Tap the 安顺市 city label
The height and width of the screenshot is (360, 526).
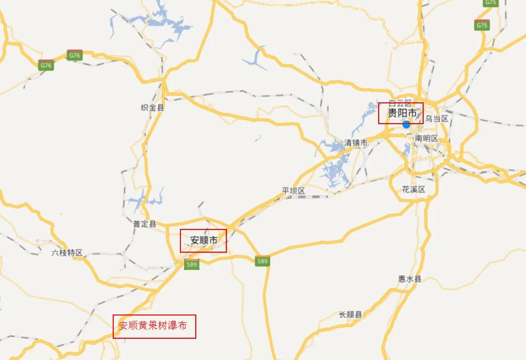[x=204, y=241]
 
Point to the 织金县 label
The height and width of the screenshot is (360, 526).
[x=152, y=107]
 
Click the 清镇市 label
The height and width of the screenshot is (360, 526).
[x=356, y=143]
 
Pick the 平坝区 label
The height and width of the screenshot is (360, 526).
[x=294, y=191]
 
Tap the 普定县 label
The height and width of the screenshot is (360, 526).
[x=144, y=224]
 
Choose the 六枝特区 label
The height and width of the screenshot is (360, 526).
[x=67, y=253]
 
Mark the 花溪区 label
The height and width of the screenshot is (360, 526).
[x=414, y=189]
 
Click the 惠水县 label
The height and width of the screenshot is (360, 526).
[x=410, y=279]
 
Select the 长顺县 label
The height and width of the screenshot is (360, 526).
[x=351, y=315]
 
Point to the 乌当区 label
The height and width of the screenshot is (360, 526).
[x=437, y=118]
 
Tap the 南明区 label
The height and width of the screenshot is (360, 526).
[x=426, y=138]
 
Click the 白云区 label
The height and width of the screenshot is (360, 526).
[x=400, y=103]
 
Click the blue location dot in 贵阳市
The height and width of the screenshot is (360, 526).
[x=406, y=124]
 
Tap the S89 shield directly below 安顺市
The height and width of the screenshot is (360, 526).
[x=192, y=265]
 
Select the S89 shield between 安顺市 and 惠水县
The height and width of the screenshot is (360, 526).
[x=263, y=261]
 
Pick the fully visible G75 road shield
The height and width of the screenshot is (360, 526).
[x=481, y=25]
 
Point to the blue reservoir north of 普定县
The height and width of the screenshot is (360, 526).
[x=143, y=201]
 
